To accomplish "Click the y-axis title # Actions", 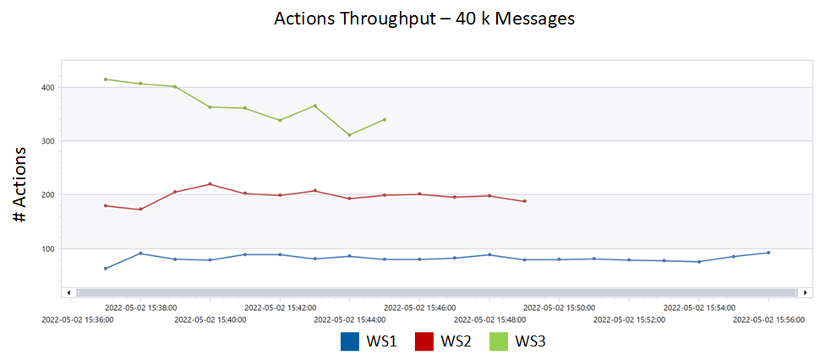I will click(22, 184).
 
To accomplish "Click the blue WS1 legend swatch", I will click(350, 341).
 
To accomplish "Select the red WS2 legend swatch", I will click(424, 341).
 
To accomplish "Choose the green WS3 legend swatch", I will click(499, 341).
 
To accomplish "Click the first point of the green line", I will click(106, 79).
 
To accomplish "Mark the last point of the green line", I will click(385, 119).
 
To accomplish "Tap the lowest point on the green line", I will click(349, 135).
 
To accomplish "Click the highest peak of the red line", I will click(210, 184).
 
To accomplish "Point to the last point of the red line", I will click(524, 201).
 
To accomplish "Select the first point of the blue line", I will click(106, 269).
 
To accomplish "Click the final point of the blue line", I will click(768, 253).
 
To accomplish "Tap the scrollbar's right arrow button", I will click(805, 292).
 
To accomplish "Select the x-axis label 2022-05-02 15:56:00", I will click(768, 320).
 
